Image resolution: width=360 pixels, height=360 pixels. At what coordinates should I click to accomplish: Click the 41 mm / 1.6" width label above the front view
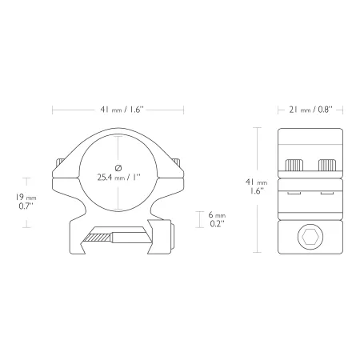(122, 110)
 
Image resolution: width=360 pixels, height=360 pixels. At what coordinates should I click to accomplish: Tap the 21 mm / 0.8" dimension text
(310, 110)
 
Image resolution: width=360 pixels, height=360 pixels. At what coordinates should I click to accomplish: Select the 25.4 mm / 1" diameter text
(118, 178)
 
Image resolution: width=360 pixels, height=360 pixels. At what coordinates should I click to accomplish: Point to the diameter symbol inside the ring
(118, 168)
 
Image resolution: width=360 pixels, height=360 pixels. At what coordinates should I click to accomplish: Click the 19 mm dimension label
(26, 198)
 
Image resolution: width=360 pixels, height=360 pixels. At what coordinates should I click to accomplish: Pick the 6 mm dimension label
(217, 214)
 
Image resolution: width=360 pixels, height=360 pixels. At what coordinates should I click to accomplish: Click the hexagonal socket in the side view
(310, 237)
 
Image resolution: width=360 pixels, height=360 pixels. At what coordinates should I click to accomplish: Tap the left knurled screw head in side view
(294, 166)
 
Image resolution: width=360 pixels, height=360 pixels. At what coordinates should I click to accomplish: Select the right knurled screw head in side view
(327, 166)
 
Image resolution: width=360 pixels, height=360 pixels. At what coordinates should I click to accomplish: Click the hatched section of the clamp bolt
(98, 238)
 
